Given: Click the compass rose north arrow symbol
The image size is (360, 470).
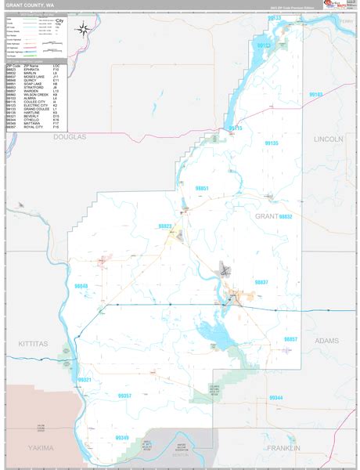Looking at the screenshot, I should [x=85, y=31].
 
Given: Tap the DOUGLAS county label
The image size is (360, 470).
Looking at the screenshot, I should [x=69, y=136].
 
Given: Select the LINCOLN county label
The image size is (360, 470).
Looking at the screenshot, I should [x=328, y=139].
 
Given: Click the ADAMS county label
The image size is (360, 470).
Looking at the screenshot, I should [x=326, y=341].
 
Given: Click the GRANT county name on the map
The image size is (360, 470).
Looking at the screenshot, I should [x=266, y=215].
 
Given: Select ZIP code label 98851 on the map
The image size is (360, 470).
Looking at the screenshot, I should [x=203, y=189].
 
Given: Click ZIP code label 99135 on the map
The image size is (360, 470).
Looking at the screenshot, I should [x=272, y=143].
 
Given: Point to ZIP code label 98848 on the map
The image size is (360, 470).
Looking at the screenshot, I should [x=80, y=287].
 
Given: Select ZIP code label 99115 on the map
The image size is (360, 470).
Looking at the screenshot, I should [x=236, y=128].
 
